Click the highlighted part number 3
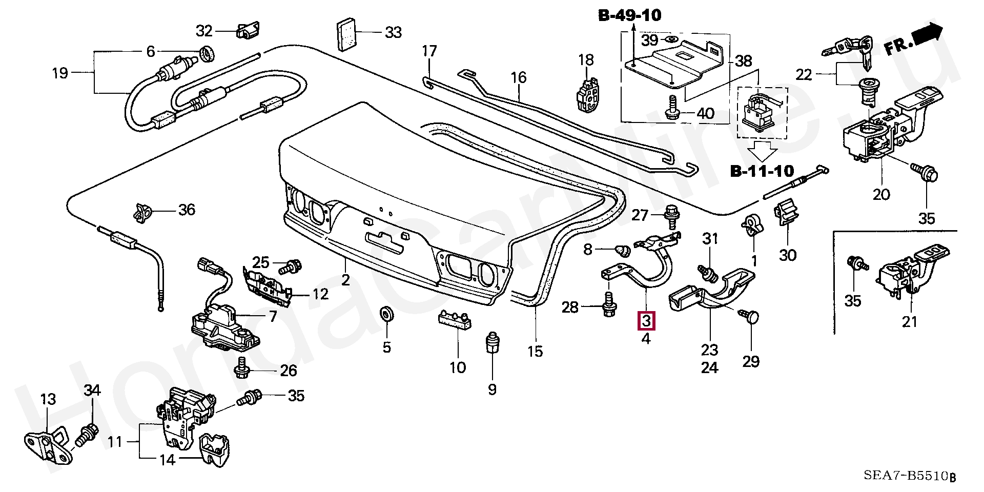point(646,321)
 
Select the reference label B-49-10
point(630,15)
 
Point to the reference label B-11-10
point(762,171)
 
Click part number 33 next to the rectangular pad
point(393,32)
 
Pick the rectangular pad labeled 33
point(346,36)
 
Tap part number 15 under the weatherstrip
point(535,351)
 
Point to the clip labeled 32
point(248,30)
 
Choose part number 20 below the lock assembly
point(881,194)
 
